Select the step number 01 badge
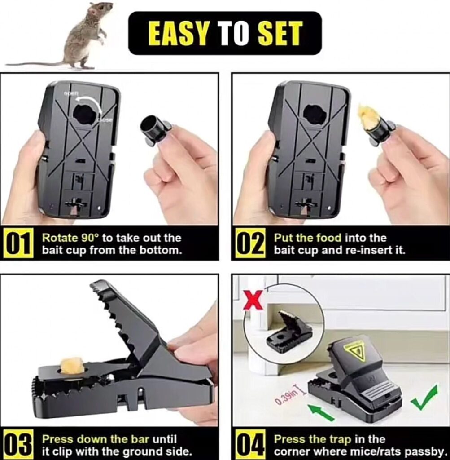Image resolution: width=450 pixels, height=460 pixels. (17, 244)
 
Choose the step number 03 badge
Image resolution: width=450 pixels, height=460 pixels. (17, 445)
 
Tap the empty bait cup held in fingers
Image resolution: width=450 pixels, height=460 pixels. (154, 130)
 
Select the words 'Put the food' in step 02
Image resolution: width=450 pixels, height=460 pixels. (308, 238)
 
